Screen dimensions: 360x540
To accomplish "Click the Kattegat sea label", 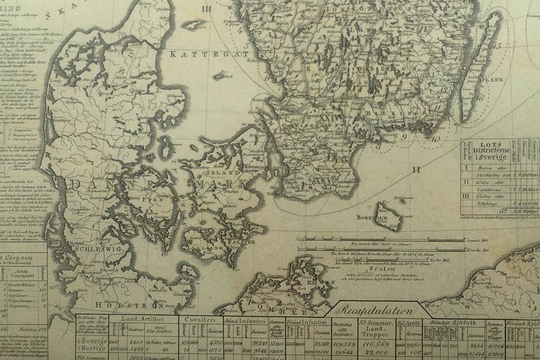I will pyautogui.click(x=209, y=53).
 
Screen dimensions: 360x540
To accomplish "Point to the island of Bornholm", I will pyautogui.click(x=388, y=214).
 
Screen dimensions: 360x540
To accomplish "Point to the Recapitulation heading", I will pyautogui.click(x=378, y=309).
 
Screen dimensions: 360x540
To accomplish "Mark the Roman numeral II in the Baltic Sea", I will pyautogui.click(x=416, y=169).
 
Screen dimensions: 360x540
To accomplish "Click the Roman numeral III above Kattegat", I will pyautogui.click(x=207, y=8).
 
